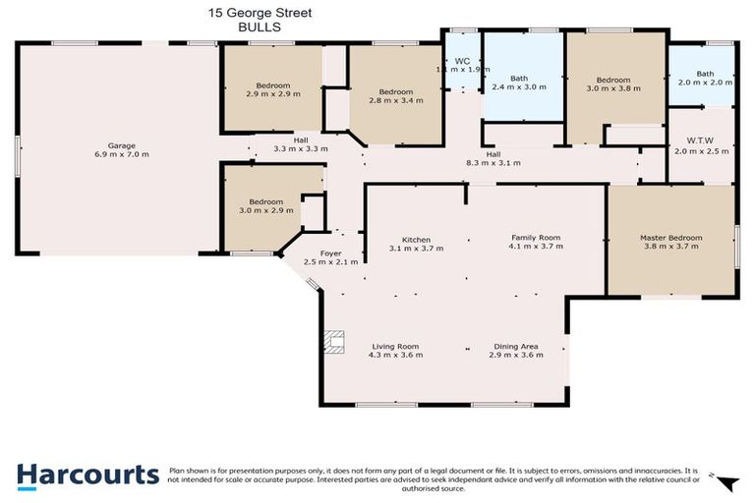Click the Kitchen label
click(x=417, y=239)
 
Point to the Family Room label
click(x=535, y=238)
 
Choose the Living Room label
click(x=395, y=346)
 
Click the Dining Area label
click(x=515, y=346)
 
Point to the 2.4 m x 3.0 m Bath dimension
click(x=519, y=87)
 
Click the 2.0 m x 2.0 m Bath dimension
click(x=705, y=84)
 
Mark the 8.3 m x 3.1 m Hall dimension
click(x=494, y=163)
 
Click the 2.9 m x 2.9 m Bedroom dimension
click(x=272, y=94)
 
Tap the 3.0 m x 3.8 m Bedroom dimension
click(x=613, y=88)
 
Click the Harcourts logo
click(x=87, y=475)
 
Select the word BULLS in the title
click(x=261, y=28)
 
